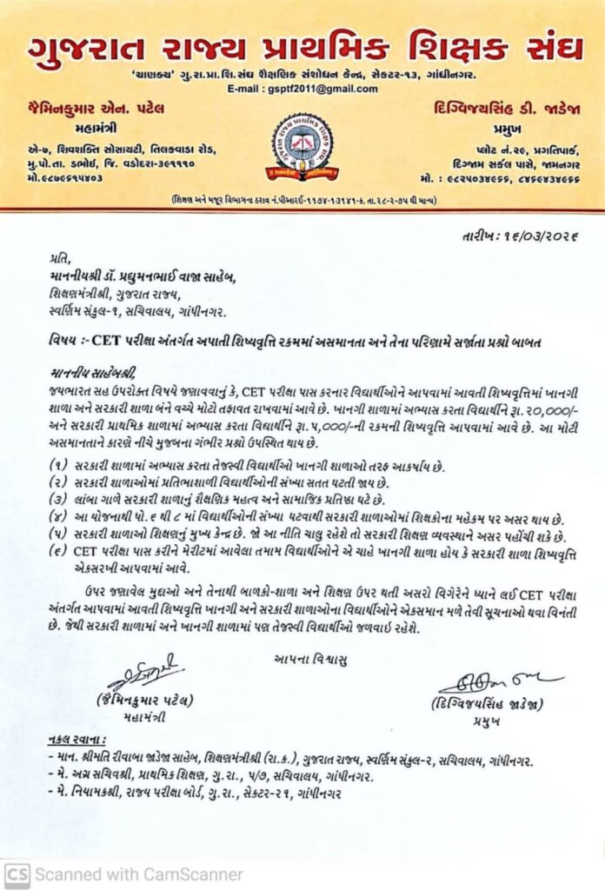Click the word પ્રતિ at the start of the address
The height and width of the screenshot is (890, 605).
tap(57, 258)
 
